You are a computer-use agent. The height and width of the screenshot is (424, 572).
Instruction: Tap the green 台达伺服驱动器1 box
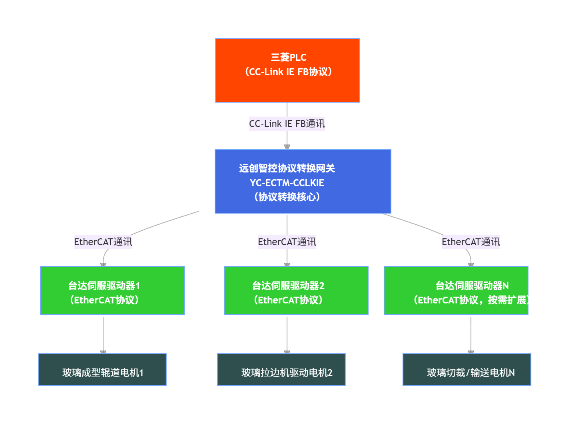112,291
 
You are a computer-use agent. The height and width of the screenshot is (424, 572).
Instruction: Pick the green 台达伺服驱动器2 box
296,291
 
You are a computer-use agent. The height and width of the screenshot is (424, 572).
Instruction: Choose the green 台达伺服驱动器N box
456,291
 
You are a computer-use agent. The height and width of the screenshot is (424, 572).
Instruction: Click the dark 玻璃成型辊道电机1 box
102,370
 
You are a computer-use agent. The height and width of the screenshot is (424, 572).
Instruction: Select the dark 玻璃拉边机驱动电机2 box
281,370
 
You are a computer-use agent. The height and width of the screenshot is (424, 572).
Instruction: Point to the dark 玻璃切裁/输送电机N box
466,370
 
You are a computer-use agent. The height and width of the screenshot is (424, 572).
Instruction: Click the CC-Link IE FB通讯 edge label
287,124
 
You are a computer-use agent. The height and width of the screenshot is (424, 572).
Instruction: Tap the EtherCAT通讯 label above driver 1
103,242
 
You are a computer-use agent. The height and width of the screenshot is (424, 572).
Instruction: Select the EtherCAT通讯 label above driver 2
287,242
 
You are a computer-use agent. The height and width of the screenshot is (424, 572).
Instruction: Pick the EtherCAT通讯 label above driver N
470,242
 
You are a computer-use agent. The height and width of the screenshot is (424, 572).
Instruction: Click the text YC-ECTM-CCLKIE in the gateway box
287,183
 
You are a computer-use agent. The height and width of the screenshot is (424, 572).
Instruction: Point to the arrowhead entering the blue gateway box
287,147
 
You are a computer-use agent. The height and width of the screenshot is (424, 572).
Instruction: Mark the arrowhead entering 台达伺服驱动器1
103,264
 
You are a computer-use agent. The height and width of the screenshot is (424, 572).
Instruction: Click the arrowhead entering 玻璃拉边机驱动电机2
287,352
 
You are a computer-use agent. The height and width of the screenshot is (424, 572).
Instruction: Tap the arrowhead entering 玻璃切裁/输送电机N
471,352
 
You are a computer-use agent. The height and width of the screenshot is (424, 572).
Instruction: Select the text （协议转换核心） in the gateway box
287,197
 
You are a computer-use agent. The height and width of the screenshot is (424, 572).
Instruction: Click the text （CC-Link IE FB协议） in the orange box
288,72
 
